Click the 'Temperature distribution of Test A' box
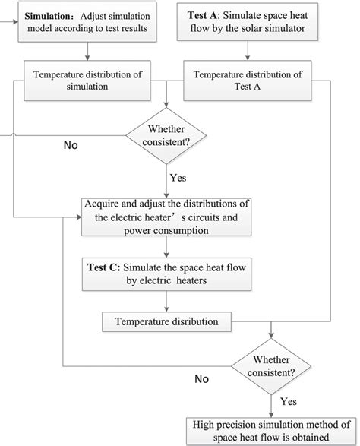coord(248,81)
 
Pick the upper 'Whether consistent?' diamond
coord(168,136)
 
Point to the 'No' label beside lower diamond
coord(202,377)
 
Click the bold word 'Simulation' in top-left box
coord(52,16)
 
